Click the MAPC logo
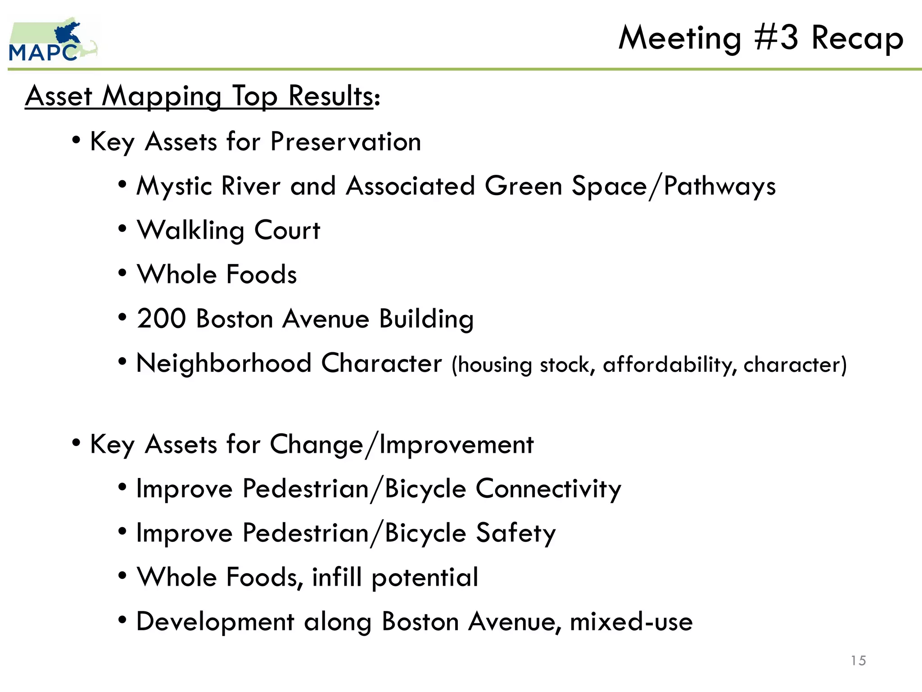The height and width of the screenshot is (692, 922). click(52, 41)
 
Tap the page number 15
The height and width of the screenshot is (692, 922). click(858, 660)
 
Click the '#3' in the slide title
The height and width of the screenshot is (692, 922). click(776, 38)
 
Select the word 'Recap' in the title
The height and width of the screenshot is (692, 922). click(857, 39)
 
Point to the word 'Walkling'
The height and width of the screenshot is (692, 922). click(190, 231)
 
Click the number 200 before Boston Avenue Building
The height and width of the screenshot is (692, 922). click(161, 319)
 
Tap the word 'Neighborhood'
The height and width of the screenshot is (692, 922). click(223, 363)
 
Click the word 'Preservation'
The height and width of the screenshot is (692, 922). click(345, 142)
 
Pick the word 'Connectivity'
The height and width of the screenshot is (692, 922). click(548, 489)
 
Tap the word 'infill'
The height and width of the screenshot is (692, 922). click(336, 577)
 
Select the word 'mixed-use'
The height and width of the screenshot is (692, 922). click(631, 622)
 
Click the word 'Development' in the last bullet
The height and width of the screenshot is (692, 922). click(215, 622)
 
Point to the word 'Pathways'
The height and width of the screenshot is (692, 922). click(719, 187)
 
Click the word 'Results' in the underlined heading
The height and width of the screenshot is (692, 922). click(330, 96)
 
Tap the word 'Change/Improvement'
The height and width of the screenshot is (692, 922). click(402, 445)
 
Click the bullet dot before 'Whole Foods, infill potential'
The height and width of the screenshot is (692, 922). click(122, 576)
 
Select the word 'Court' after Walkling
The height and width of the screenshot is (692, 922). click(287, 231)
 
